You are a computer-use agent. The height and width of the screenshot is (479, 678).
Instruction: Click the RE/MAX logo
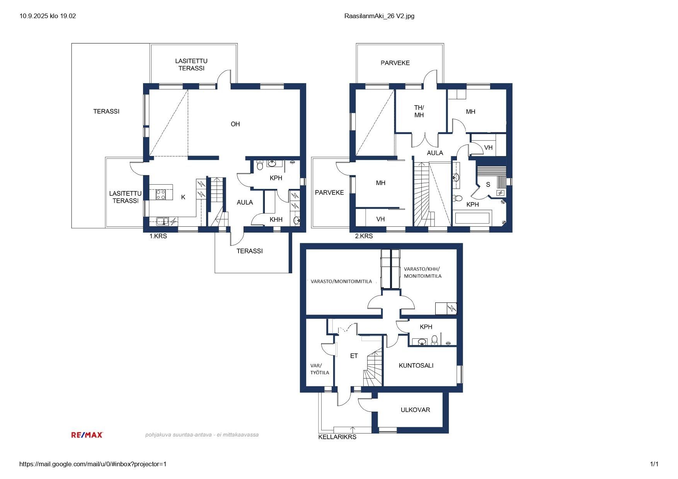pyautogui.click(x=87, y=435)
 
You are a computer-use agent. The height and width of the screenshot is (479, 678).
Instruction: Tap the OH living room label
pyautogui.click(x=235, y=124)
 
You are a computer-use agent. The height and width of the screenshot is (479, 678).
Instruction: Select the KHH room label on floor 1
pyautogui.click(x=276, y=219)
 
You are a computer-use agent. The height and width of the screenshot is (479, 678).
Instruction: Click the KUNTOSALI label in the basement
pyautogui.click(x=416, y=365)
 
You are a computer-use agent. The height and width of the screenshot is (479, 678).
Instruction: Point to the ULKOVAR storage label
pyautogui.click(x=415, y=410)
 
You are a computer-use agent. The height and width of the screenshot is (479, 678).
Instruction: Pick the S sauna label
pyautogui.click(x=488, y=185)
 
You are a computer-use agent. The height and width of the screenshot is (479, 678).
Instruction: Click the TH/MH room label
pyautogui.click(x=419, y=111)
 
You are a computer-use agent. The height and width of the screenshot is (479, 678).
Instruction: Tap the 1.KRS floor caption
pyautogui.click(x=158, y=236)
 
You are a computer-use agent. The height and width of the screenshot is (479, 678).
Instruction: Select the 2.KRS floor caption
pyautogui.click(x=364, y=236)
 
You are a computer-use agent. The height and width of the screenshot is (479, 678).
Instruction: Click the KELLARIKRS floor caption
pyautogui.click(x=337, y=437)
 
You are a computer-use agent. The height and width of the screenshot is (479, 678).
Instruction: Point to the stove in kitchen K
pyautogui.click(x=161, y=194)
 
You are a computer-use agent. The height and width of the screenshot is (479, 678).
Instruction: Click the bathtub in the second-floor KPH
pyautogui.click(x=472, y=218)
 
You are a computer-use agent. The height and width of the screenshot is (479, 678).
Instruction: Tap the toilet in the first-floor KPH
pyautogui.click(x=260, y=165)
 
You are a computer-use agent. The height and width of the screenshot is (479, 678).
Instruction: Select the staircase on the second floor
pyautogui.click(x=421, y=194)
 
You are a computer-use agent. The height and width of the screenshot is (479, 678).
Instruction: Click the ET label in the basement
pyautogui.click(x=354, y=356)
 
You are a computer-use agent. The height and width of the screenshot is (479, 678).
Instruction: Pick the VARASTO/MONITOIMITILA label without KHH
pyautogui.click(x=341, y=282)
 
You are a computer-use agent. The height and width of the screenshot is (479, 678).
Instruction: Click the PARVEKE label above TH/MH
pyautogui.click(x=395, y=63)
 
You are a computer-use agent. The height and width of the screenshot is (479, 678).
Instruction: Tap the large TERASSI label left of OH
pyautogui.click(x=106, y=111)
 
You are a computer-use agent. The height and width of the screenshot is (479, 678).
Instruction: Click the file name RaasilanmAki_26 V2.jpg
pyautogui.click(x=379, y=16)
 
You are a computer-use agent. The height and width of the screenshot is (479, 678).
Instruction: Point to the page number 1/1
pyautogui.click(x=654, y=464)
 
